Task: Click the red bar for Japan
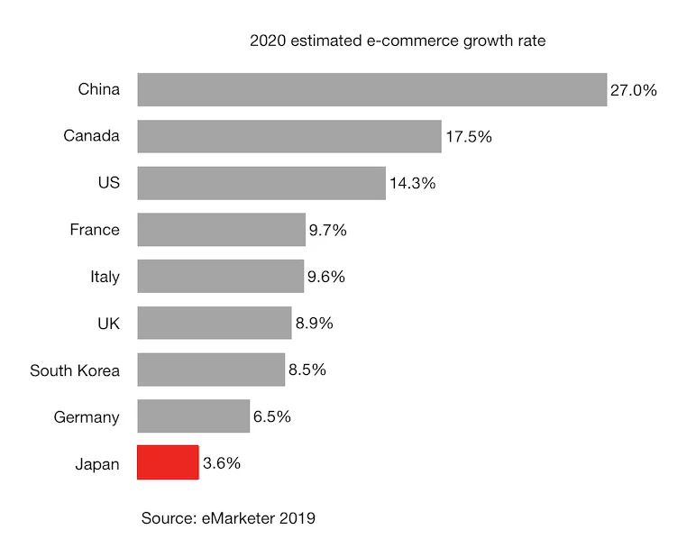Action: pyautogui.click(x=168, y=462)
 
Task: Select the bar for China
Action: pyautogui.click(x=371, y=89)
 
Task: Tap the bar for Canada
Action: pyautogui.click(x=289, y=136)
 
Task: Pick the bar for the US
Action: pyautogui.click(x=261, y=183)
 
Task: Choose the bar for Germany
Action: pyautogui.click(x=193, y=416)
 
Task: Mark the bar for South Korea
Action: pyautogui.click(x=211, y=370)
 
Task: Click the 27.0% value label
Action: pyautogui.click(x=634, y=90)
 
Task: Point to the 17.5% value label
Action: pyautogui.click(x=468, y=137)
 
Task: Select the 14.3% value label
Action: pyautogui.click(x=412, y=183)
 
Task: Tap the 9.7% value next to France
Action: pyautogui.click(x=327, y=230)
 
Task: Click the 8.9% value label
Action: pyautogui.click(x=314, y=323)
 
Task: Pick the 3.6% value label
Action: pyautogui.click(x=222, y=463)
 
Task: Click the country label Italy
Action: pyautogui.click(x=105, y=277)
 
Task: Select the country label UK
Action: pyautogui.click(x=107, y=323)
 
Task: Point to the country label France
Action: pyautogui.click(x=94, y=230)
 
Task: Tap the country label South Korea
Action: pyautogui.click(x=74, y=370)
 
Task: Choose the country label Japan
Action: pyautogui.click(x=97, y=464)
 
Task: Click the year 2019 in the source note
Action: pyautogui.click(x=298, y=518)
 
